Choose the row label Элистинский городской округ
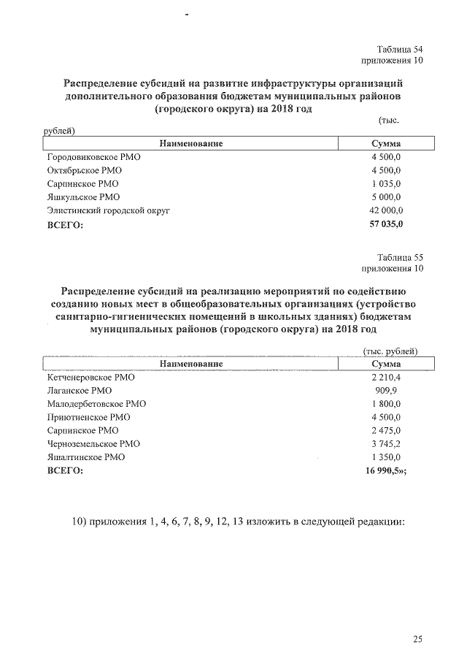pyautogui.click(x=108, y=210)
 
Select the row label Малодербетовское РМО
pyautogui.click(x=96, y=404)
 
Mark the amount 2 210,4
pyautogui.click(x=386, y=378)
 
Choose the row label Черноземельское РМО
pyautogui.click(x=93, y=443)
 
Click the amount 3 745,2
pyautogui.click(x=386, y=443)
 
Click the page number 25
pyautogui.click(x=417, y=640)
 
